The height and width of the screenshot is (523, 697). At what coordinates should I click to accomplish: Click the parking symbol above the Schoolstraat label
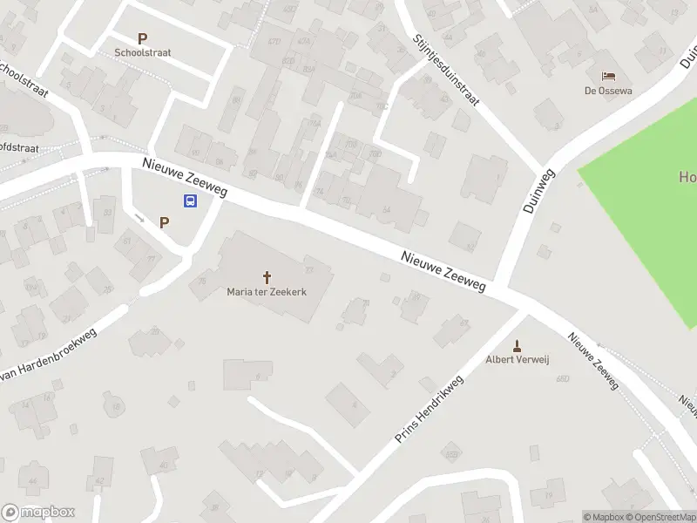click(142, 38)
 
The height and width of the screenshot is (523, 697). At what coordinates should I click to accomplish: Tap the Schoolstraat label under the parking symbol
click(142, 52)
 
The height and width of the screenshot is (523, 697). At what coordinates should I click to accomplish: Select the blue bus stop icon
click(189, 200)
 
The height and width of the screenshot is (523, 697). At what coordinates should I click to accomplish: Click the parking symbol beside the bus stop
click(164, 222)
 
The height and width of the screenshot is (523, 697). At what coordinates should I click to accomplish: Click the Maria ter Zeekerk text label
click(267, 292)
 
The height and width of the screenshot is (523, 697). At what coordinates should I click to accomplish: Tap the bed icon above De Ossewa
click(607, 77)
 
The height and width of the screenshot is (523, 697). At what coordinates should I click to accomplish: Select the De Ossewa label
click(607, 91)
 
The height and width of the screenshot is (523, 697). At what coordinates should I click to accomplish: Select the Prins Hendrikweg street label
click(428, 409)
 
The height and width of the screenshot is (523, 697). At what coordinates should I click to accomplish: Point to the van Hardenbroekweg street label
click(48, 357)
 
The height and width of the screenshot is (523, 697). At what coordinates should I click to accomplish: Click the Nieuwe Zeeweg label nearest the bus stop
click(185, 178)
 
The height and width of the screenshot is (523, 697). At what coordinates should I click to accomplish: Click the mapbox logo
click(37, 512)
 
